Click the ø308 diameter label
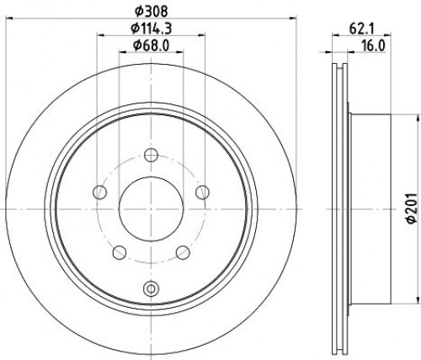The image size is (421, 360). pyautogui.click(x=152, y=11)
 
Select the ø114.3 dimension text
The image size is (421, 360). pyautogui.click(x=152, y=28)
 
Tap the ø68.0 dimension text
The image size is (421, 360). pyautogui.click(x=152, y=45)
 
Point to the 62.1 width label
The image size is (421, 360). pyautogui.click(x=362, y=29)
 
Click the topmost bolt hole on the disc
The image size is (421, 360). pyautogui.click(x=151, y=155)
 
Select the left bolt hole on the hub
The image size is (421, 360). pyautogui.click(x=99, y=193)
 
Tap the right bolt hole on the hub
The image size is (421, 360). pyautogui.click(x=202, y=193)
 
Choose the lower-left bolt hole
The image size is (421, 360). pyautogui.click(x=120, y=252)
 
